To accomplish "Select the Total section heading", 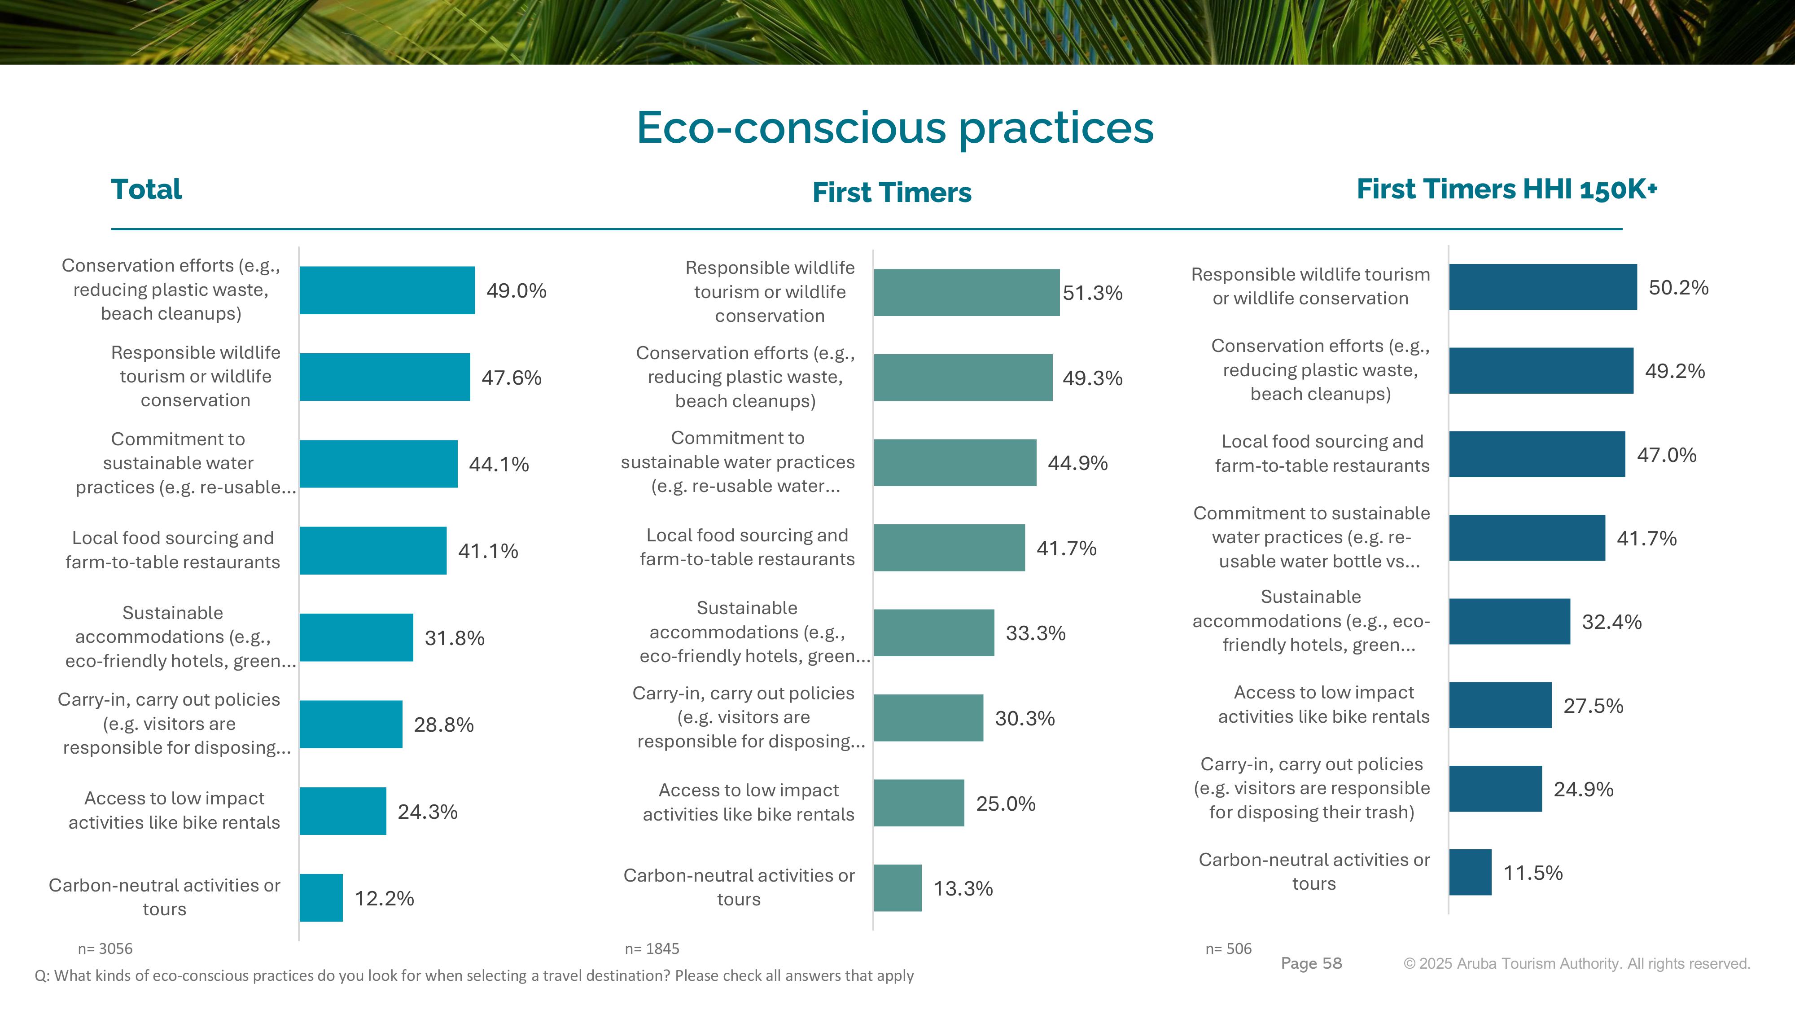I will point(146,189).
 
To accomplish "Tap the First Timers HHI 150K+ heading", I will point(1506,189).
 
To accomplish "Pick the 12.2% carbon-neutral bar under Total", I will point(321,898).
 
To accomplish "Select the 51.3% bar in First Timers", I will point(967,293).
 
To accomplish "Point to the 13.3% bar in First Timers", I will point(897,888).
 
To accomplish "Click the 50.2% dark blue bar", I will point(1543,287).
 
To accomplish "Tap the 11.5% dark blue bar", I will point(1470,872).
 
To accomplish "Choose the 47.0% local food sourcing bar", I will point(1537,454).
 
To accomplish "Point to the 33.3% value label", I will point(1035,633).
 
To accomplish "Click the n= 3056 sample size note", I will point(105,949).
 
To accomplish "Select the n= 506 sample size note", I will point(1229,949).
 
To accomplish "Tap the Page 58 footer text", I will point(1311,963).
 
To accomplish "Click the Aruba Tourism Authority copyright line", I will point(1576,963).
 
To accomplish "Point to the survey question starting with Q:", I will point(474,976).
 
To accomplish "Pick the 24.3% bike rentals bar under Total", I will point(343,811).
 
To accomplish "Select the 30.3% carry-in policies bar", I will point(928,718).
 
